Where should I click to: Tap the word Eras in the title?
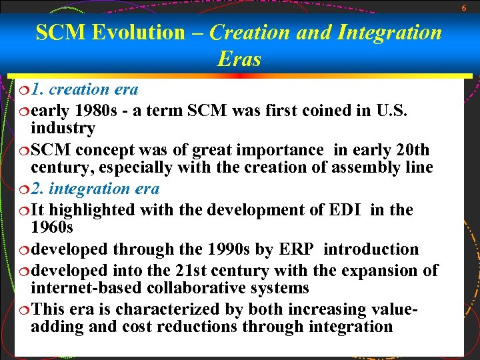tap(239, 59)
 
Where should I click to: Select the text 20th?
tap(411, 149)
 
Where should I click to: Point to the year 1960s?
tap(52, 228)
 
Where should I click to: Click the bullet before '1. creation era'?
tap(21, 89)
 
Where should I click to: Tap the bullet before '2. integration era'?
tap(21, 189)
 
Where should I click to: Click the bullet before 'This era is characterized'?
tap(21, 309)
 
